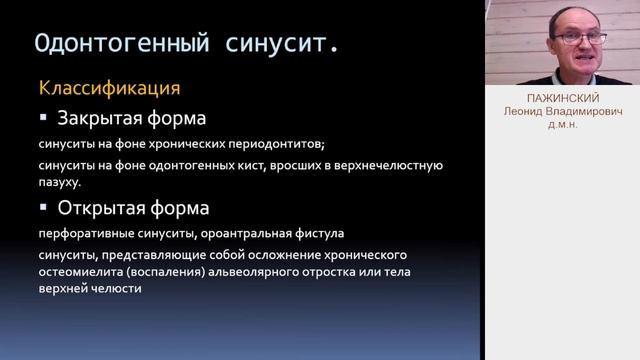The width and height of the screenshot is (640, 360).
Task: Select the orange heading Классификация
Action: [x=109, y=87]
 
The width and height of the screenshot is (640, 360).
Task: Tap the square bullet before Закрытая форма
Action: [x=43, y=117]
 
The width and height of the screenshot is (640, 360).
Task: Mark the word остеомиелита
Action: [x=77, y=271]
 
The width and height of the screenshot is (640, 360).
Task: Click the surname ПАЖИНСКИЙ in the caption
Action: [x=562, y=100]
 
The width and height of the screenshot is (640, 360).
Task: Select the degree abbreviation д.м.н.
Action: [x=562, y=125]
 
